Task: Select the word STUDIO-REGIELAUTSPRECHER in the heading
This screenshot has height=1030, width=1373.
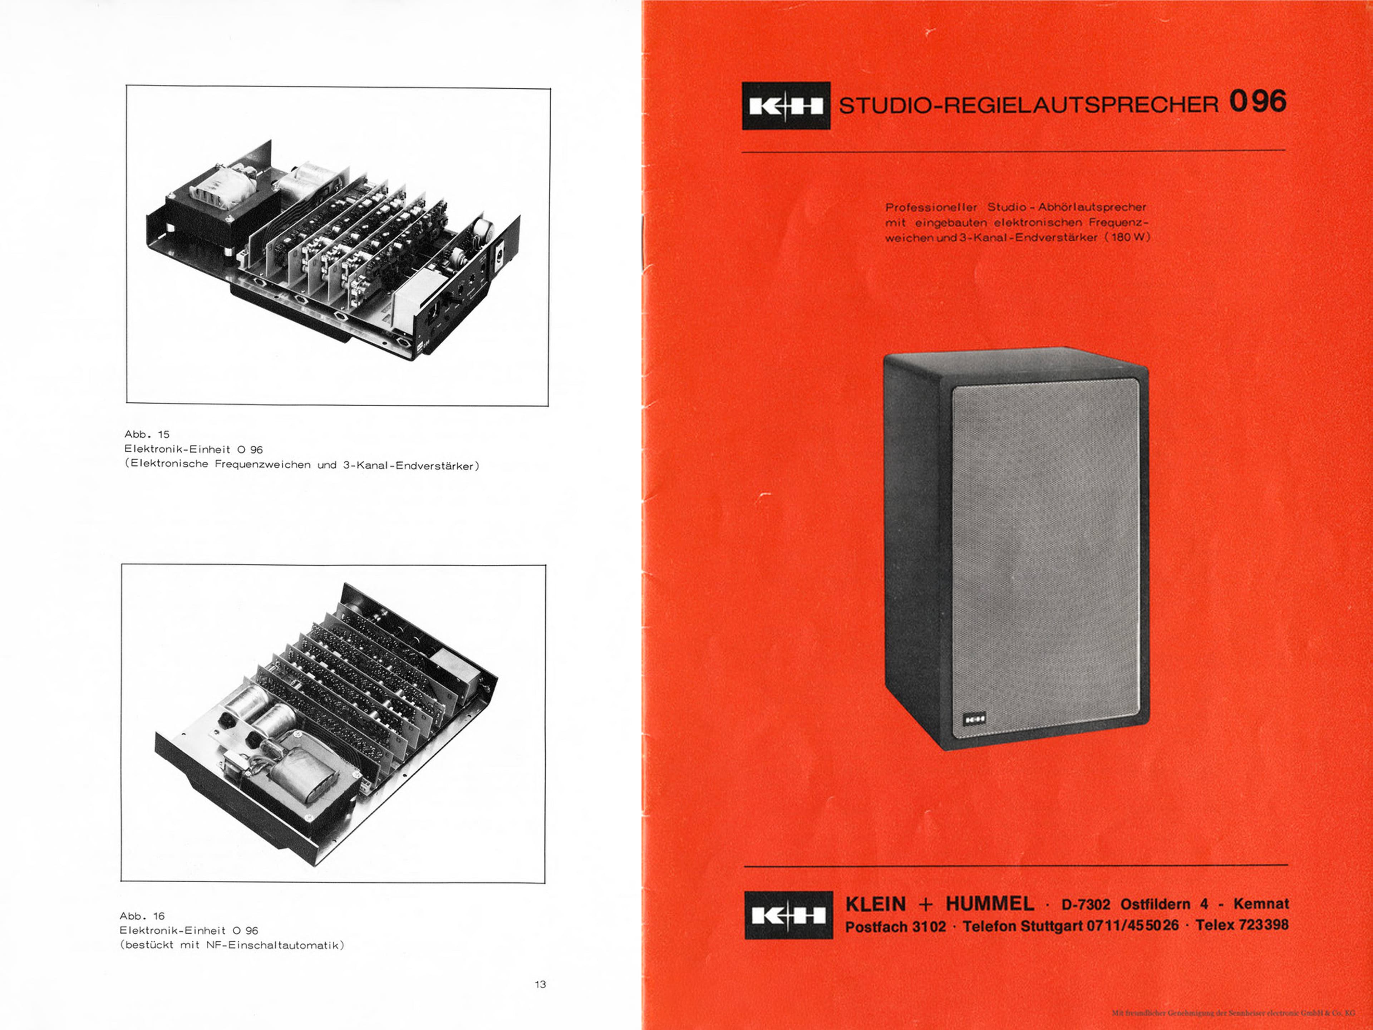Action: (x=1029, y=105)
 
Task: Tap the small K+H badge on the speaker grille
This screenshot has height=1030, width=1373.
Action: (x=974, y=719)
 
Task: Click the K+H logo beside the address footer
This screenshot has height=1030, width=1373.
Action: (x=788, y=915)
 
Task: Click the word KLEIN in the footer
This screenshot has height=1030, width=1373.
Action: (x=875, y=904)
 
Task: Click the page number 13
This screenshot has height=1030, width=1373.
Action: (x=540, y=984)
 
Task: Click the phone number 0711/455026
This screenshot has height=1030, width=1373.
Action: (x=1132, y=925)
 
